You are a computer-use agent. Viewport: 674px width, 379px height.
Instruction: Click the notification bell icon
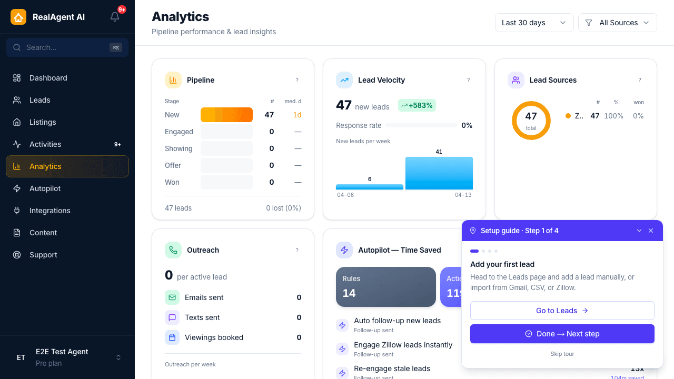click(115, 17)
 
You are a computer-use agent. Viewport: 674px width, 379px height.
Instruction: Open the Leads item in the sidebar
click(39, 100)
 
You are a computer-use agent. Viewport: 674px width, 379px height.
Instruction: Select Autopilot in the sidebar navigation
click(45, 188)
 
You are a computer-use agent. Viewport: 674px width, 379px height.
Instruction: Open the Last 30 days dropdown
click(534, 23)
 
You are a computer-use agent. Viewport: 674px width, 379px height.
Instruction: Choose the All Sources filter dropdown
click(617, 23)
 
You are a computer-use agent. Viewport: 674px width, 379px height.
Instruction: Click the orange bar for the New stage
click(226, 115)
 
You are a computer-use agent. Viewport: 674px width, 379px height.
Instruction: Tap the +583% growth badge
click(417, 105)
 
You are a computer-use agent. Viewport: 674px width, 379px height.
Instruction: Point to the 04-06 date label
click(345, 195)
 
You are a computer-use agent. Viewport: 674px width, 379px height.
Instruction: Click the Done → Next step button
click(562, 334)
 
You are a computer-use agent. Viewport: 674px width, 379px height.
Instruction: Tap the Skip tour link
click(562, 354)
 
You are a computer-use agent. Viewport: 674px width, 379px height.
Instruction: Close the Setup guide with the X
click(651, 231)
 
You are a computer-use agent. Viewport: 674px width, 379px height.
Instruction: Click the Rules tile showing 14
click(385, 287)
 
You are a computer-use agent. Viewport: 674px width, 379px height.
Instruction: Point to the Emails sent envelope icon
click(172, 297)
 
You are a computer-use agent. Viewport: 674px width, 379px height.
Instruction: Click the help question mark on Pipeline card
click(297, 80)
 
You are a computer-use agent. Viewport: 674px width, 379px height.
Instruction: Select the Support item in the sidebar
click(43, 255)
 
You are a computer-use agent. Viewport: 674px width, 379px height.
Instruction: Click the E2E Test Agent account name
click(62, 352)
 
